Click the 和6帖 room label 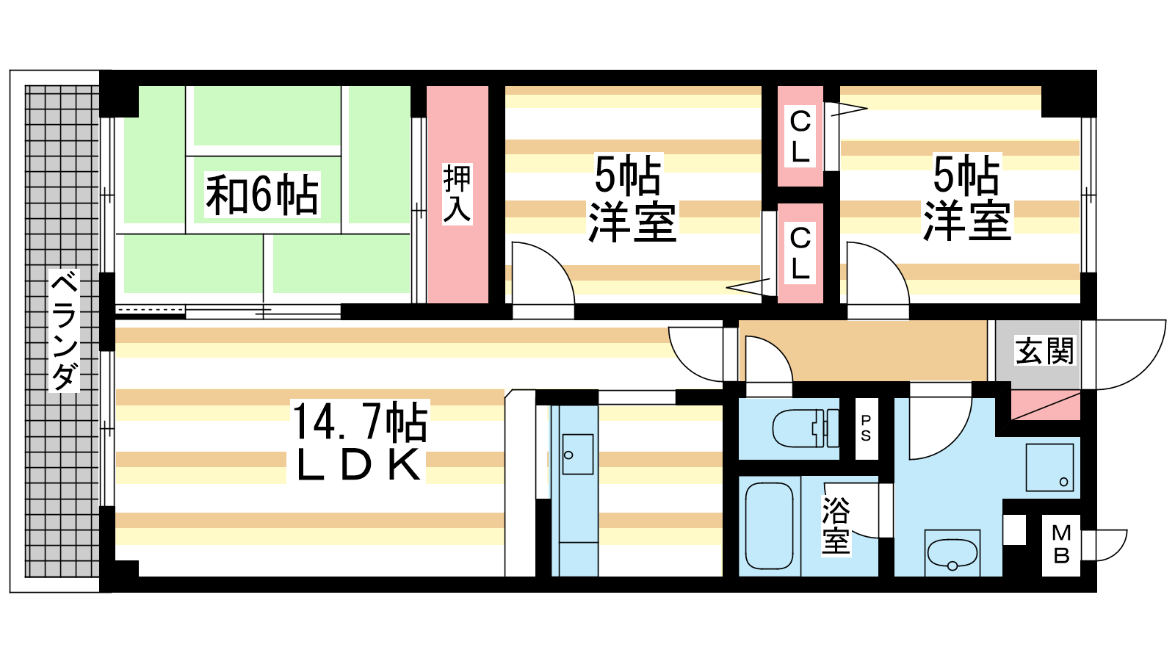[262, 195]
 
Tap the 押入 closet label [457, 194]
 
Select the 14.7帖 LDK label [359, 441]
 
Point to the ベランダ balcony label [64, 330]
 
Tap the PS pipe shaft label [866, 427]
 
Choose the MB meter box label [1061, 544]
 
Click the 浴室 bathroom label [836, 525]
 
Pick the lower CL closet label [800, 253]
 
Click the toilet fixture [806, 428]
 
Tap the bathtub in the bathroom [769, 526]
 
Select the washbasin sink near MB [952, 553]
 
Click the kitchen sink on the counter [577, 455]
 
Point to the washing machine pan [1049, 467]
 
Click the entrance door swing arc [1131, 355]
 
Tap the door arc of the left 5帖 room [543, 272]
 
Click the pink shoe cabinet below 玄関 [1046, 405]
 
